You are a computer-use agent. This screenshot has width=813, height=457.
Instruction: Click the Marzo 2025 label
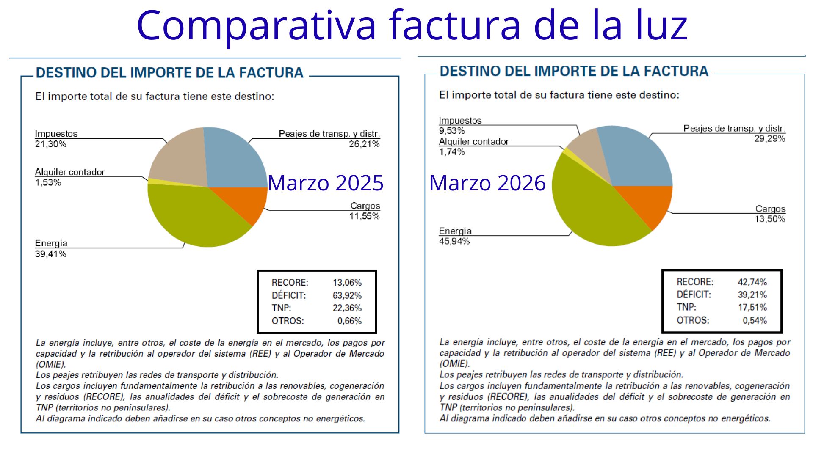click(325, 183)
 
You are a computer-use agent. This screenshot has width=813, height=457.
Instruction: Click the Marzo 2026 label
click(487, 183)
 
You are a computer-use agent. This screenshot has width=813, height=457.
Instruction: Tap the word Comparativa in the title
click(256, 25)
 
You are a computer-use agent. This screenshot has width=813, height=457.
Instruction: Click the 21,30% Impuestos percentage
click(50, 144)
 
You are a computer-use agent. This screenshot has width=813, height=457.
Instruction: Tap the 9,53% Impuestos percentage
click(452, 131)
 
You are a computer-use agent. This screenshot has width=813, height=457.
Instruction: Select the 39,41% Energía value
click(50, 254)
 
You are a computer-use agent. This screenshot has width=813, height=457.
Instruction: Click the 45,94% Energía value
click(454, 241)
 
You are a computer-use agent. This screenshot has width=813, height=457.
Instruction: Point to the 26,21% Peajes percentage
click(364, 144)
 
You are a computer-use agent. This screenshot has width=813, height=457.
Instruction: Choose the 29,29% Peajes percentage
click(770, 139)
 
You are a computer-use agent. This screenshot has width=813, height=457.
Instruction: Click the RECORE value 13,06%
click(347, 283)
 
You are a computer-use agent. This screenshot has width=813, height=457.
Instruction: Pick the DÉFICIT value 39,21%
click(752, 295)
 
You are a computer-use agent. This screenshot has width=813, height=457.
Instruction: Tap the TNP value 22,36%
click(347, 308)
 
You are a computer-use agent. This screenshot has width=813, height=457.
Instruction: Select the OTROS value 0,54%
click(755, 320)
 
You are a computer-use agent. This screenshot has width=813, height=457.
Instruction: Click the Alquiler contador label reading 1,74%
click(452, 151)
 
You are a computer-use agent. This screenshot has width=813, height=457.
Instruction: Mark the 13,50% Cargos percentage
click(770, 219)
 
